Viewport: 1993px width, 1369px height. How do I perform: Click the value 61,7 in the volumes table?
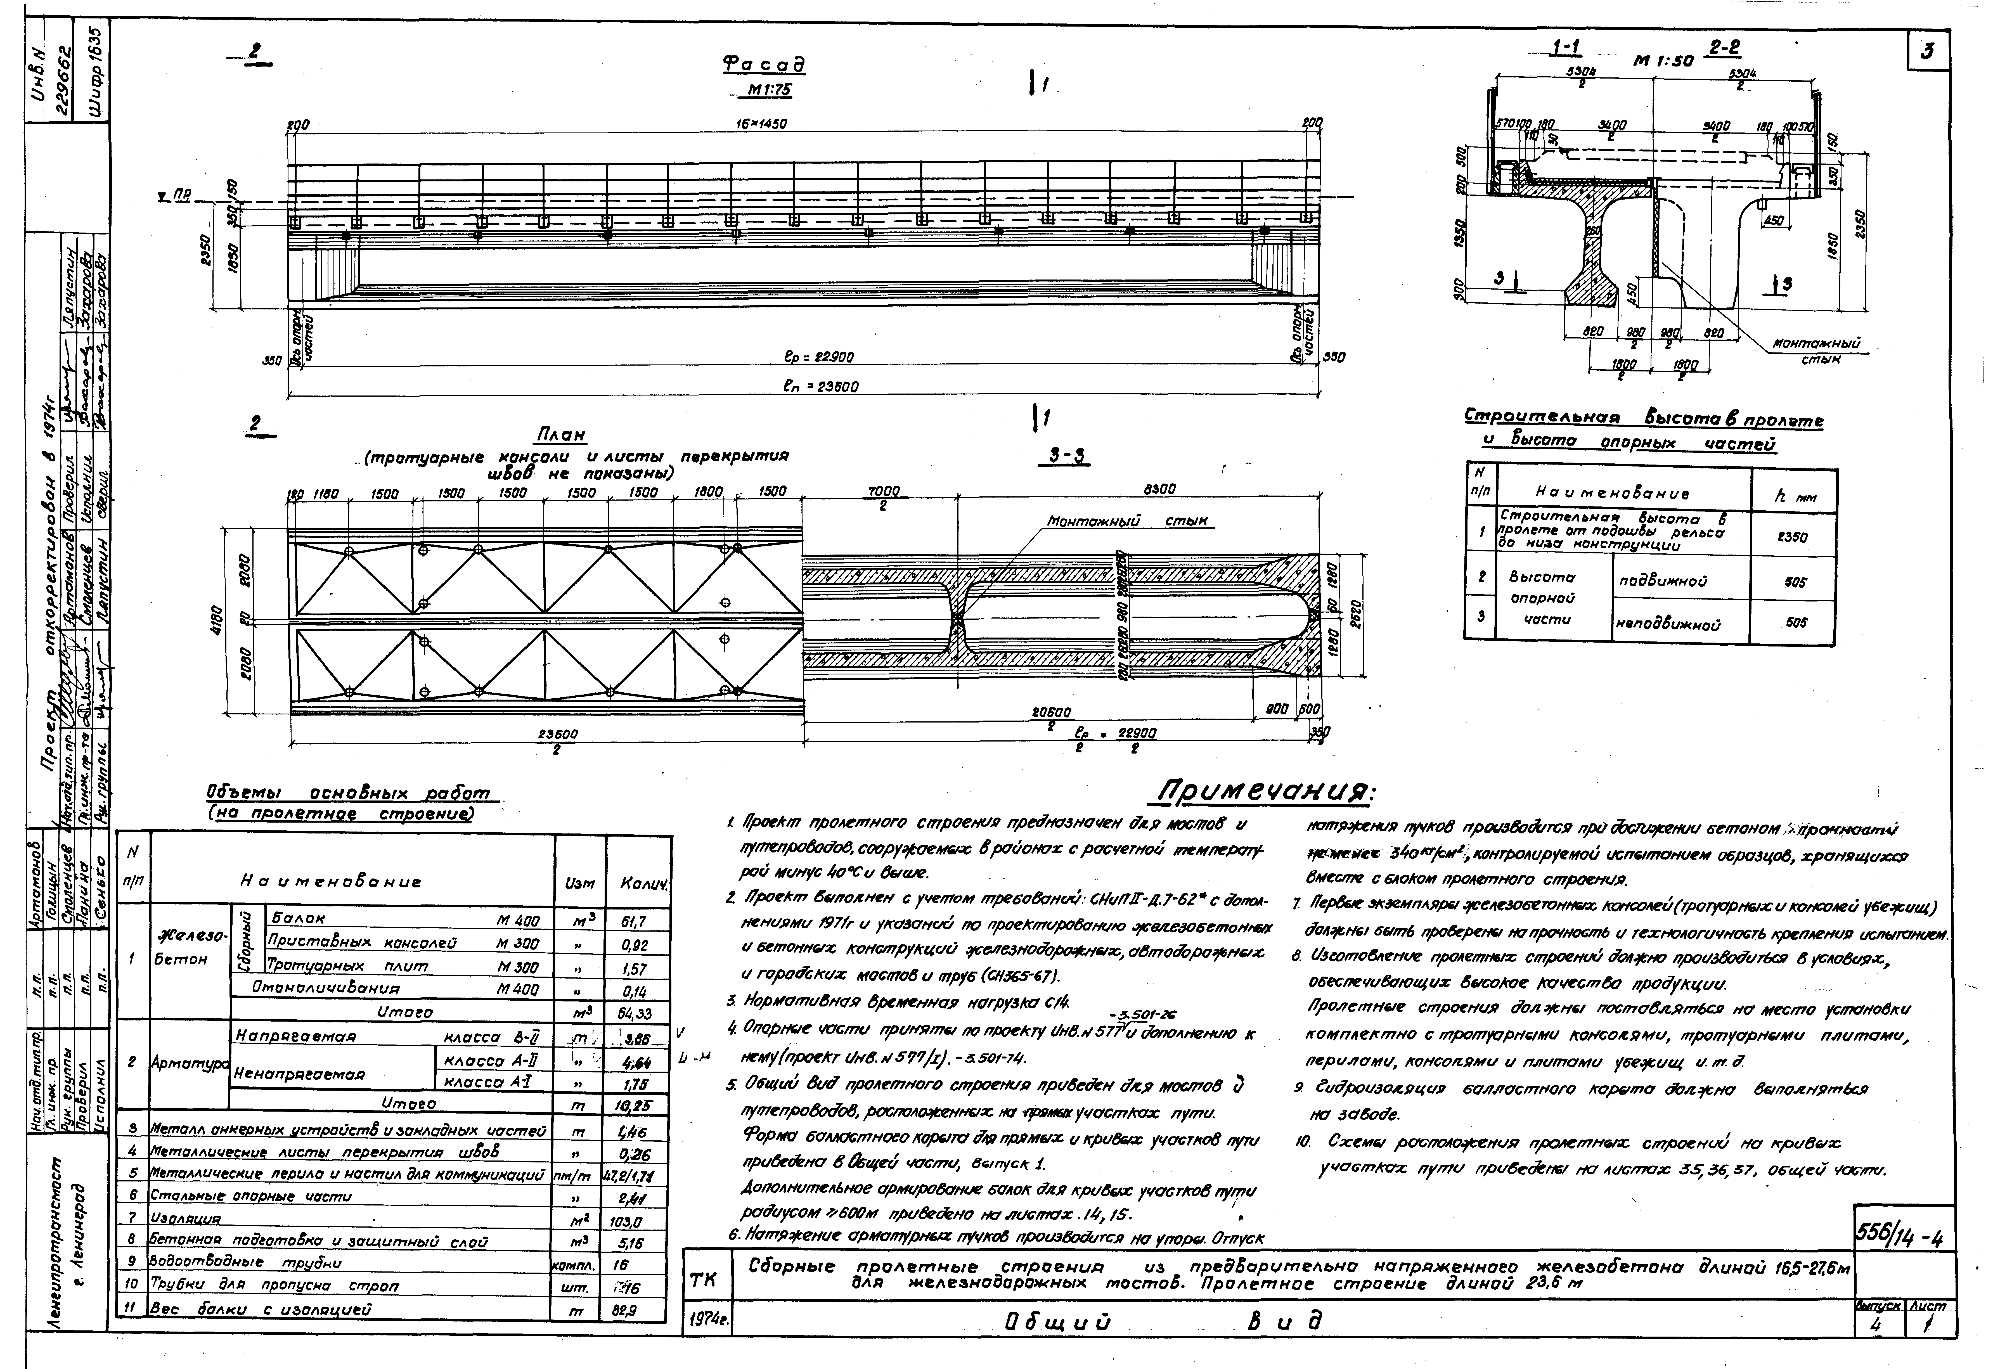coord(634,922)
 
